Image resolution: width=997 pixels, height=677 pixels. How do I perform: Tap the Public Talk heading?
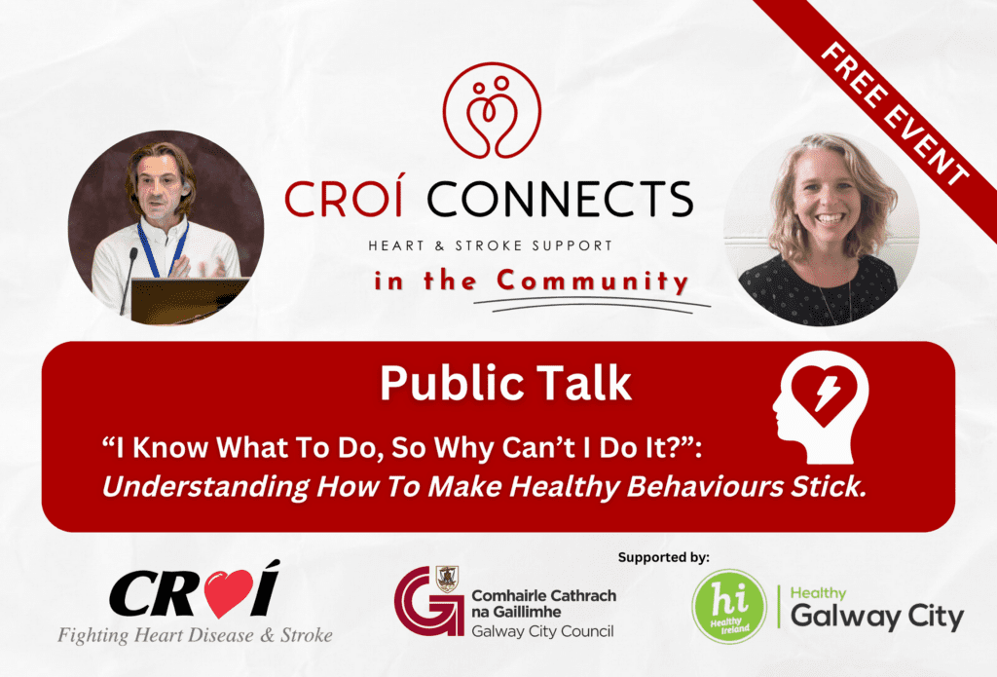click(505, 383)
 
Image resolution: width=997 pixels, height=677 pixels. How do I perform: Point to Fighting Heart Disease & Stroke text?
click(195, 635)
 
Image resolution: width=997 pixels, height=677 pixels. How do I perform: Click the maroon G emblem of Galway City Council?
click(428, 601)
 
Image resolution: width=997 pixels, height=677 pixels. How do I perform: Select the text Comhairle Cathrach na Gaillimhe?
click(542, 604)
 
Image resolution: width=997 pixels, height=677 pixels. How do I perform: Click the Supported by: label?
click(664, 557)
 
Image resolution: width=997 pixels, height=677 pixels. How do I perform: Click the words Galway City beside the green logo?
click(876, 618)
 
